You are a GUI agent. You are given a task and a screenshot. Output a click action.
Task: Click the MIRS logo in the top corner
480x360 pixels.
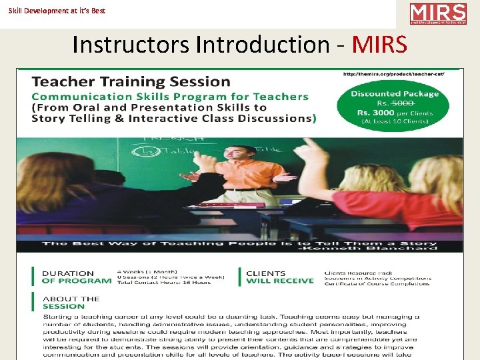pos(438,14)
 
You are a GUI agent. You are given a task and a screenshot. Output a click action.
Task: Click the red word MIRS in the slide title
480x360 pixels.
pos(379,45)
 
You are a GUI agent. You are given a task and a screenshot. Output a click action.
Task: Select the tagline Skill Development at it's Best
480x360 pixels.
pos(57,11)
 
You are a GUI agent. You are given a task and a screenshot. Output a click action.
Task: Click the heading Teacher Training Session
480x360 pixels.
pos(131,82)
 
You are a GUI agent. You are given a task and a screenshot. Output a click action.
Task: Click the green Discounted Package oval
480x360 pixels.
pos(395,107)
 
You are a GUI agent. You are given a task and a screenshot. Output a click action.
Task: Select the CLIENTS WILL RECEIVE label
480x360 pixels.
pos(279,277)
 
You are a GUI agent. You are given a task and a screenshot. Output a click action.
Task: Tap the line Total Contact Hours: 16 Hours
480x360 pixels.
pos(163,283)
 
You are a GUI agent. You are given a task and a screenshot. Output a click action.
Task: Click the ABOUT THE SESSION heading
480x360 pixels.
pos(71,303)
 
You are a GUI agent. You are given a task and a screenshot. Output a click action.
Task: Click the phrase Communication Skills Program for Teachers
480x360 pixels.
pos(171,97)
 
